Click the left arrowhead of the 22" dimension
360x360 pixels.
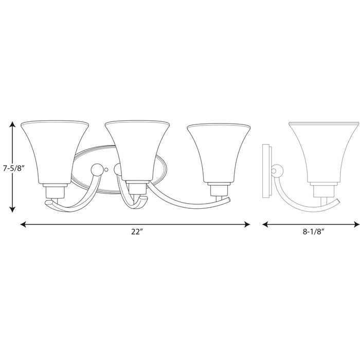(x=24, y=224)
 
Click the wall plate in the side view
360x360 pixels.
(x=266, y=170)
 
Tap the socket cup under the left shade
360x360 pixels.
(x=55, y=191)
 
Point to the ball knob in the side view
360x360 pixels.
(x=277, y=170)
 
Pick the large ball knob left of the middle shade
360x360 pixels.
(x=95, y=169)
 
